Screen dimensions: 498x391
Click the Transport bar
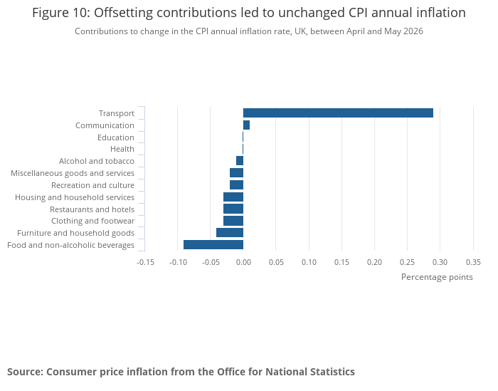[338, 113]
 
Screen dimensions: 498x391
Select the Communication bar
[246, 125]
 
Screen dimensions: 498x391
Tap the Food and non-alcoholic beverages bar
[213, 245]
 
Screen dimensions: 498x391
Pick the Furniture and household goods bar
[230, 233]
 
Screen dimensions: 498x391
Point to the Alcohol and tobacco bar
[240, 161]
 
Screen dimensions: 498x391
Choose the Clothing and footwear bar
[233, 221]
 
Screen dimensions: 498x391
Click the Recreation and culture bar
[237, 184]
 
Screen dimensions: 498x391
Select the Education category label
[115, 137]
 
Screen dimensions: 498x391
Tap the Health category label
[122, 149]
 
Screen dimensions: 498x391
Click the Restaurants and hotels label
[92, 209]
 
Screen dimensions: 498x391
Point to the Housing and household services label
[75, 197]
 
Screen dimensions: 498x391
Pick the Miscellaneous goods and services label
[73, 173]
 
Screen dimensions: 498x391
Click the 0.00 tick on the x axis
[243, 262]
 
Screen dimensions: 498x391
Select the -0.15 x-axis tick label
[145, 262]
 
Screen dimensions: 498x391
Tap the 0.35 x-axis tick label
[473, 262]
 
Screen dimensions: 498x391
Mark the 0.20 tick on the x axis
[374, 262]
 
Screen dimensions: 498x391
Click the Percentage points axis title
[437, 277]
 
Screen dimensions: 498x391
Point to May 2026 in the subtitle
[403, 31]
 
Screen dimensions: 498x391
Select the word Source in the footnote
[26, 372]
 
